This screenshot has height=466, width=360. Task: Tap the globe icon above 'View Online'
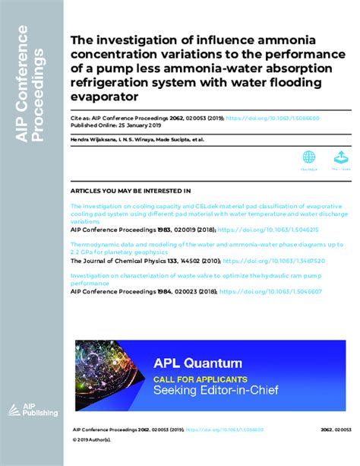tap(309, 157)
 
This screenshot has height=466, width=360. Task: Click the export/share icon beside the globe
tap(340, 157)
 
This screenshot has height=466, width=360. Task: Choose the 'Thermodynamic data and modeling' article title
tap(205, 245)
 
